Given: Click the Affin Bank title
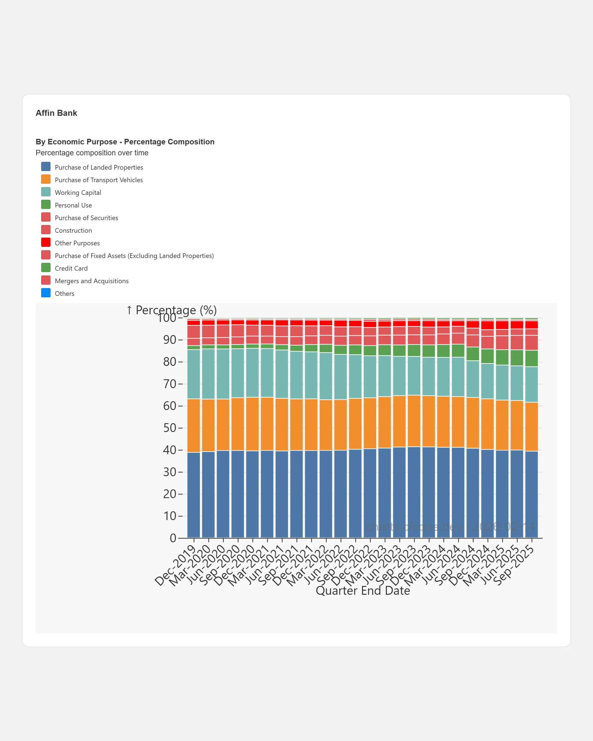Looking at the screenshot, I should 56,113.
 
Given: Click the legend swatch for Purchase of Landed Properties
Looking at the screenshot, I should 46,167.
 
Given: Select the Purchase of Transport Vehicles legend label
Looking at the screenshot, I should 99,180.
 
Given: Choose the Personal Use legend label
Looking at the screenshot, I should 73,205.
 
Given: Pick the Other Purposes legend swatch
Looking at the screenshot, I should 46,242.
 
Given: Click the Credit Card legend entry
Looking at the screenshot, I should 71,268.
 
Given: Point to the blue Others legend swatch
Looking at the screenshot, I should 46,293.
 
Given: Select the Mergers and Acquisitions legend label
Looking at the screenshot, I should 91,281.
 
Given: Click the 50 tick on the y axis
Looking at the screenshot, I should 170,428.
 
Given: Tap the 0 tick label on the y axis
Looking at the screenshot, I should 173,538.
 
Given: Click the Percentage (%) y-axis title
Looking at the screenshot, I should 172,310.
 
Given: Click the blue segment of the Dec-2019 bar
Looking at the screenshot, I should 194,495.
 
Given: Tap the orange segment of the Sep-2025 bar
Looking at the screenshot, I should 532,426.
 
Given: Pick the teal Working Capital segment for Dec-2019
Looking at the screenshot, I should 194,374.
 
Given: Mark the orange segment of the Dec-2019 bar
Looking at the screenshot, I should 194,425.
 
